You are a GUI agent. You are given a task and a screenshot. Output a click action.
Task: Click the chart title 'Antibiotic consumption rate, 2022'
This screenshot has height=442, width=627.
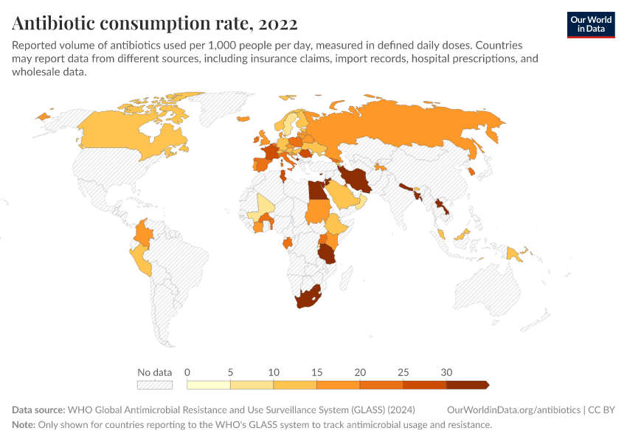(155, 24)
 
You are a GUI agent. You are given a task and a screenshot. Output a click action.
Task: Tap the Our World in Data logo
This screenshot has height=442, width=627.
(591, 24)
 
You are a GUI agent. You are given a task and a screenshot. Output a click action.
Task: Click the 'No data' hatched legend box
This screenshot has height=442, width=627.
(154, 385)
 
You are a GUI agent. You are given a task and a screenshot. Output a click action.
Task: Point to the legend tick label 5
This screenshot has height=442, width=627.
(230, 372)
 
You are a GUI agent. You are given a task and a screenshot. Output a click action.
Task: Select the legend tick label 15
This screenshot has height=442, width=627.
(316, 372)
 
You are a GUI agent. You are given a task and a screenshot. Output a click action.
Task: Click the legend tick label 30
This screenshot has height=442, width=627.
(446, 372)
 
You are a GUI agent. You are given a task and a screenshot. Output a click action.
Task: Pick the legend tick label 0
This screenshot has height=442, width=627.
(187, 372)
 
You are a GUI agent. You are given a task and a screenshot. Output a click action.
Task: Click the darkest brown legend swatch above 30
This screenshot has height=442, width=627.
(467, 385)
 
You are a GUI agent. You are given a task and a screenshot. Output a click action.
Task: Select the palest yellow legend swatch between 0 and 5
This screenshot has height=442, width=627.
(209, 385)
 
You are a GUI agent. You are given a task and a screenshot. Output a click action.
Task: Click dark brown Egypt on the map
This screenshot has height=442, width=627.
(316, 191)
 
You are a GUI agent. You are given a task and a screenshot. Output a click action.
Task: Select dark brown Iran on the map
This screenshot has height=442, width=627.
(356, 179)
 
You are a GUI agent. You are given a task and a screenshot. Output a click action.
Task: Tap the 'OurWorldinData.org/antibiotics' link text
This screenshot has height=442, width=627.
(513, 410)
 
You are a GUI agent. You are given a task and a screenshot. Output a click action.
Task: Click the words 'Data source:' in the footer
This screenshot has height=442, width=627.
(38, 410)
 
